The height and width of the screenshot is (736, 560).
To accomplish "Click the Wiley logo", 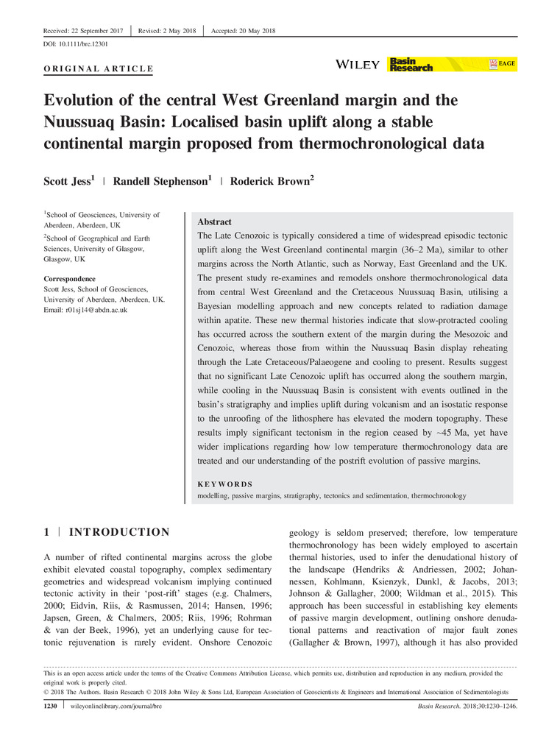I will [358, 65].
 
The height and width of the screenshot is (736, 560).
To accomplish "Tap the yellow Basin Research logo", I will [411, 65].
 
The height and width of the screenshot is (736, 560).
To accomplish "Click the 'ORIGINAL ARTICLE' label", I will [94, 69].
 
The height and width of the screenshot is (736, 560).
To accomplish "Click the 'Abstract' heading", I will [214, 222].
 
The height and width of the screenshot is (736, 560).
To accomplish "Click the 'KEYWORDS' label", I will [225, 484].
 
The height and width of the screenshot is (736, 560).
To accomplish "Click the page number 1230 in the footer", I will [49, 707].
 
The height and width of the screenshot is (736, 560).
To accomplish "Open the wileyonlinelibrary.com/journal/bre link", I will [116, 707].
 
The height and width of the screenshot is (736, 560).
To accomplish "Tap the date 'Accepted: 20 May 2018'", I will [243, 30].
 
